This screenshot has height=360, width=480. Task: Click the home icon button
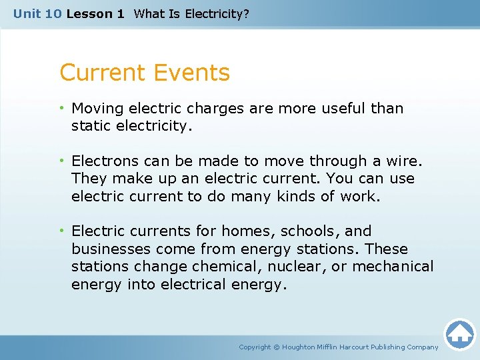[459, 334]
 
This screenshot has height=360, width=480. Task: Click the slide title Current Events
[145, 73]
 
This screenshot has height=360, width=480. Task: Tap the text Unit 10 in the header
[37, 13]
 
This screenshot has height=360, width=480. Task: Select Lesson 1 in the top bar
[95, 13]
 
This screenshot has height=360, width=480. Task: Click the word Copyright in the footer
[255, 347]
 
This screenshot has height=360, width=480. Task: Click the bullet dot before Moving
[63, 108]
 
